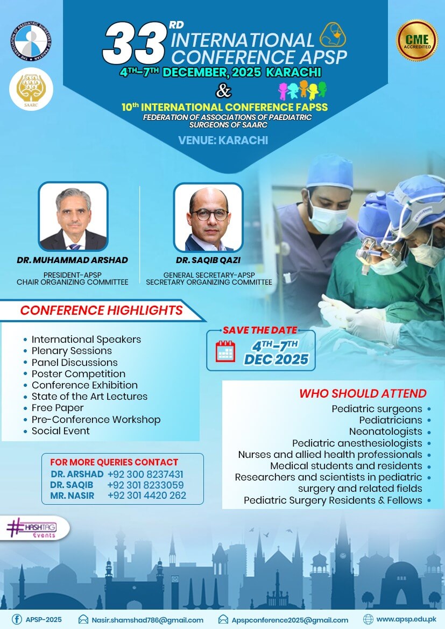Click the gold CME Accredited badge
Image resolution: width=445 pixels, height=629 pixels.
[417, 40]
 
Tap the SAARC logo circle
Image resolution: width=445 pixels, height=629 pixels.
[31, 89]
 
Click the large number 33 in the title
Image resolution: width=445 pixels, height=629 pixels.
[135, 44]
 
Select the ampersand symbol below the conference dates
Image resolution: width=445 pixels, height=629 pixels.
[223, 90]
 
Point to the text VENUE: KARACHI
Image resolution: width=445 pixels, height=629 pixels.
[223, 140]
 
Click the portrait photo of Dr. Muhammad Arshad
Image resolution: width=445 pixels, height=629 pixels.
[73, 217]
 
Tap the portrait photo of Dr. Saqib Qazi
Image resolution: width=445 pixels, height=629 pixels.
[208, 217]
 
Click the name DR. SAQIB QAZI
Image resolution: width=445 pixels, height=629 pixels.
[208, 260]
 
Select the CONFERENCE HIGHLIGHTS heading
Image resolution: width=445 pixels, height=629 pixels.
[102, 310]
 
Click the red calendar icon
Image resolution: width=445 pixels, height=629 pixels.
[225, 351]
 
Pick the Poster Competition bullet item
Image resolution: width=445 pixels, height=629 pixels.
[79, 374]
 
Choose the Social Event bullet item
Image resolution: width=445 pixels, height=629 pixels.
[61, 431]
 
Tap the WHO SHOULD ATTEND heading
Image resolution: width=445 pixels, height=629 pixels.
[363, 393]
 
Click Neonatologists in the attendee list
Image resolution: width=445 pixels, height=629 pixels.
[386, 432]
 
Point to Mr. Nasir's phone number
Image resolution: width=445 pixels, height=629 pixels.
[147, 496]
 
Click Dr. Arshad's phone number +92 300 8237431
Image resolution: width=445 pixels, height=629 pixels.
[145, 474]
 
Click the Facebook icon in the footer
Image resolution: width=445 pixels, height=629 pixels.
[17, 619]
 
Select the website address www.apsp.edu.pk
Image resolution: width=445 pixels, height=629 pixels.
[406, 619]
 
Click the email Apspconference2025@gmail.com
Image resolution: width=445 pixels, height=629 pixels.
[289, 620]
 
